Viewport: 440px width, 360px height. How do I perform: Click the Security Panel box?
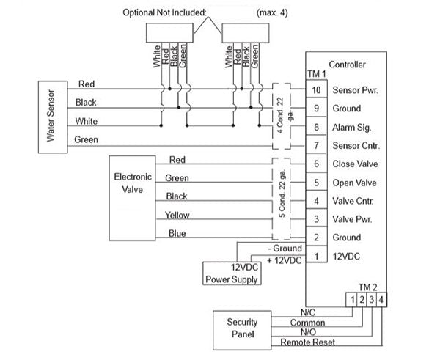[x=241, y=328]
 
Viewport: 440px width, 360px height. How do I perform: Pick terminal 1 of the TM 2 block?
[x=353, y=299]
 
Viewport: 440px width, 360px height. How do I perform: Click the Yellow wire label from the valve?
[x=177, y=215]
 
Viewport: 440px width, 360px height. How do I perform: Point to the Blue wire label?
[x=177, y=233]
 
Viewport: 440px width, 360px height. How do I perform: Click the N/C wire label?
[x=307, y=312]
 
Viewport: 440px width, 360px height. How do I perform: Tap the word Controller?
[x=348, y=65]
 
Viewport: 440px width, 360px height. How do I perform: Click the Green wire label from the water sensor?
[x=87, y=139]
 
